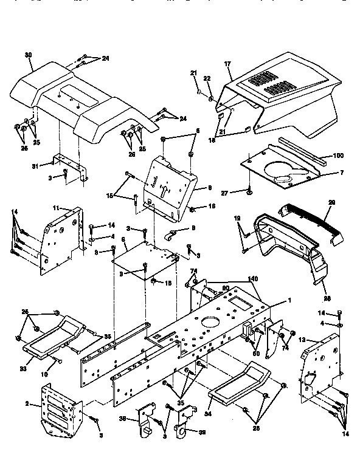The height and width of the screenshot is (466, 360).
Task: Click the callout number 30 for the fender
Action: (x=28, y=55)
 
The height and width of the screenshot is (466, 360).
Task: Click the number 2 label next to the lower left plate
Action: (x=27, y=403)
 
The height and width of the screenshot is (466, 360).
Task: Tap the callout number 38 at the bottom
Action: (x=121, y=419)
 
